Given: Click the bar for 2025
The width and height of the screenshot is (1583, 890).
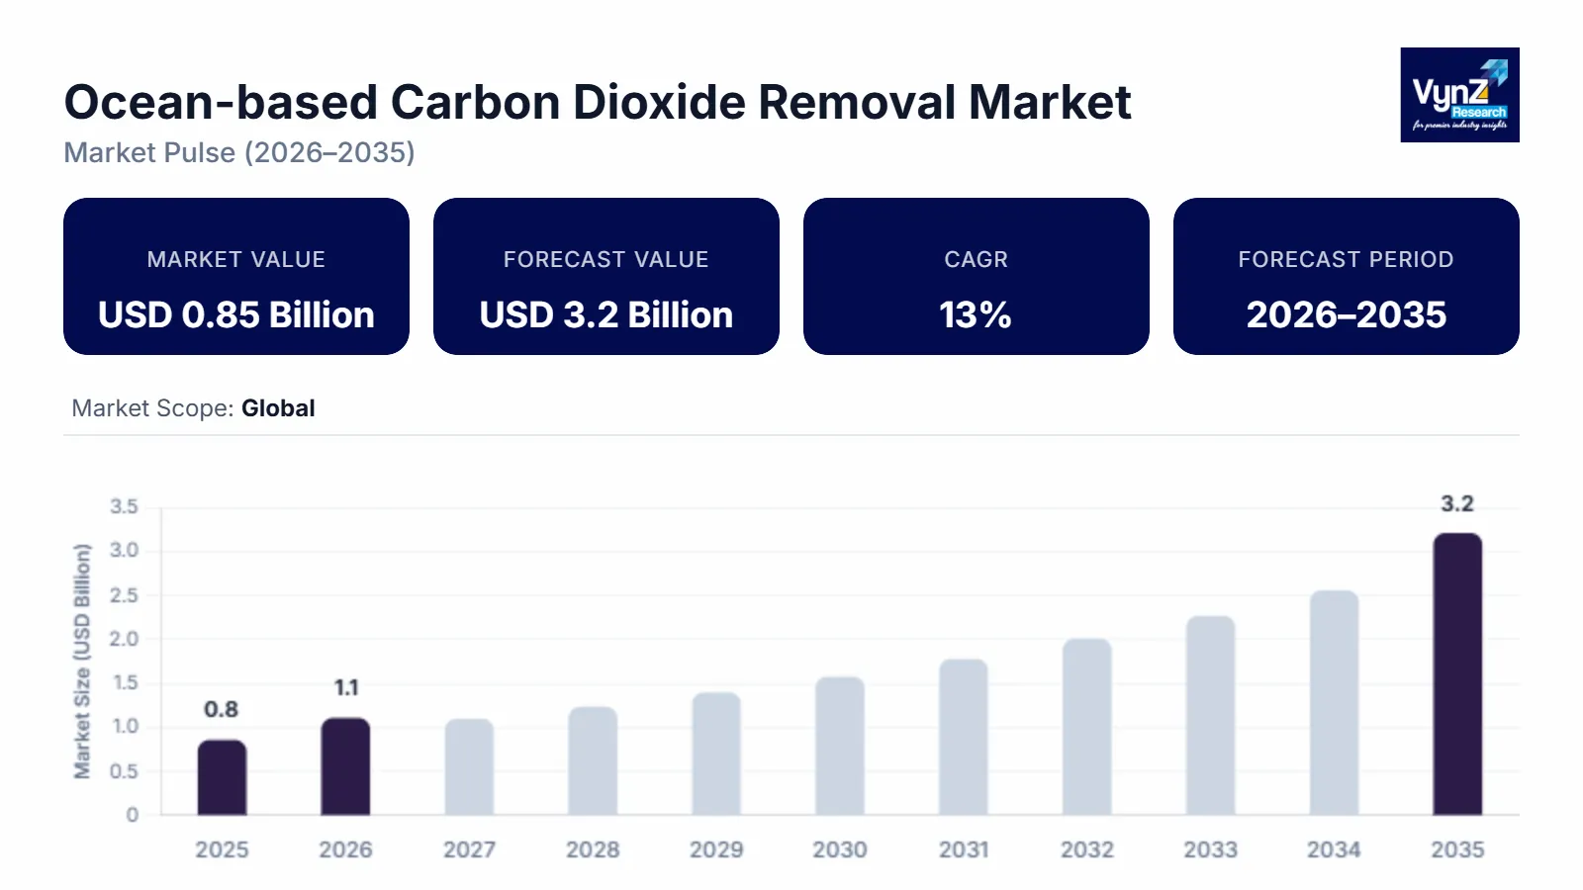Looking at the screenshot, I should (x=222, y=777).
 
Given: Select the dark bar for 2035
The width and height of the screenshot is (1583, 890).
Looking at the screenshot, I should (x=1457, y=674).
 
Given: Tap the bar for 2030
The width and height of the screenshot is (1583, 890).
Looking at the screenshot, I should (x=840, y=747).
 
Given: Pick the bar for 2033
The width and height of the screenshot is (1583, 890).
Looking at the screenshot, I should (x=1210, y=716).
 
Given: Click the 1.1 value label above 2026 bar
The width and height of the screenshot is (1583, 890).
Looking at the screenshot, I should (x=345, y=687).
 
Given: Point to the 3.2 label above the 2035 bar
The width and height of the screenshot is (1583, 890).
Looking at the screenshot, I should (x=1456, y=504).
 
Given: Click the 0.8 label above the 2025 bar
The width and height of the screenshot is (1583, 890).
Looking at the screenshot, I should (x=221, y=709).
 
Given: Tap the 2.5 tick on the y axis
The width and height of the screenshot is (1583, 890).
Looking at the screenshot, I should (x=124, y=595).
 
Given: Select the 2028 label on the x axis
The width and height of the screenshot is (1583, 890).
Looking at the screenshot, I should (x=593, y=849).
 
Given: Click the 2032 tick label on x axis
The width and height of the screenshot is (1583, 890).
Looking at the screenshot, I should (x=1086, y=849).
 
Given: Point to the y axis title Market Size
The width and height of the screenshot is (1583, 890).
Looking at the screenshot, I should (x=82, y=661).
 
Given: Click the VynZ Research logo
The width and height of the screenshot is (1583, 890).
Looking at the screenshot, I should (x=1459, y=95).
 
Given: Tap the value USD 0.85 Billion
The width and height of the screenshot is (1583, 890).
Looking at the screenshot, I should (x=236, y=315).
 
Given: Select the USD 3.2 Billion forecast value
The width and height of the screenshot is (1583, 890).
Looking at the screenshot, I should (x=605, y=315).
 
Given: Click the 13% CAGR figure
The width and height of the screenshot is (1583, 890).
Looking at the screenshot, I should (x=976, y=315).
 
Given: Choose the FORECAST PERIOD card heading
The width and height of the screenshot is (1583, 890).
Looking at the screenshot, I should (x=1346, y=259).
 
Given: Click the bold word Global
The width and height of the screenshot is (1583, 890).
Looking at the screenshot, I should (x=278, y=408).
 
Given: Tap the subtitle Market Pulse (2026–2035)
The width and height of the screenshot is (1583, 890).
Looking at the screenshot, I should (x=239, y=152).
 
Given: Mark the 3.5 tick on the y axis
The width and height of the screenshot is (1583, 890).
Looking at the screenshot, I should (x=124, y=507).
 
